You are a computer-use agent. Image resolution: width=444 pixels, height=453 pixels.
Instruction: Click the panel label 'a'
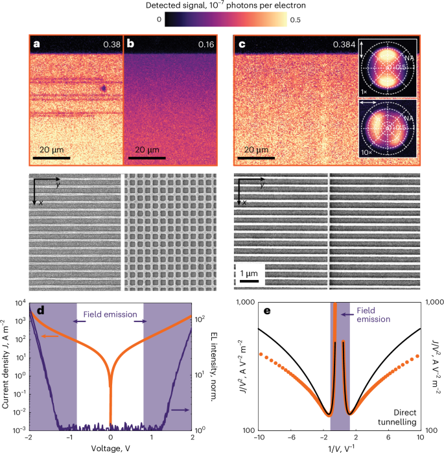[x=38, y=45]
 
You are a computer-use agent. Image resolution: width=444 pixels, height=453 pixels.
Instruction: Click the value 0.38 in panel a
[x=111, y=45]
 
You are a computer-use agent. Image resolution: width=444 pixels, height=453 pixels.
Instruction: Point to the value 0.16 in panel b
[x=204, y=45]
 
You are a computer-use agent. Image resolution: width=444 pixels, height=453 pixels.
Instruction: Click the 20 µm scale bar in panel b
[x=147, y=157]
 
